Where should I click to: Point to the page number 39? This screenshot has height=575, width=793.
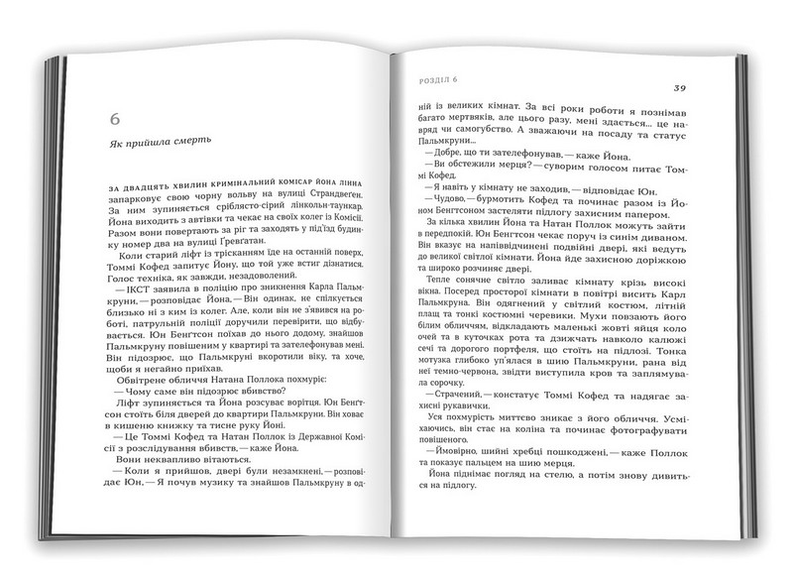[680, 87]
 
